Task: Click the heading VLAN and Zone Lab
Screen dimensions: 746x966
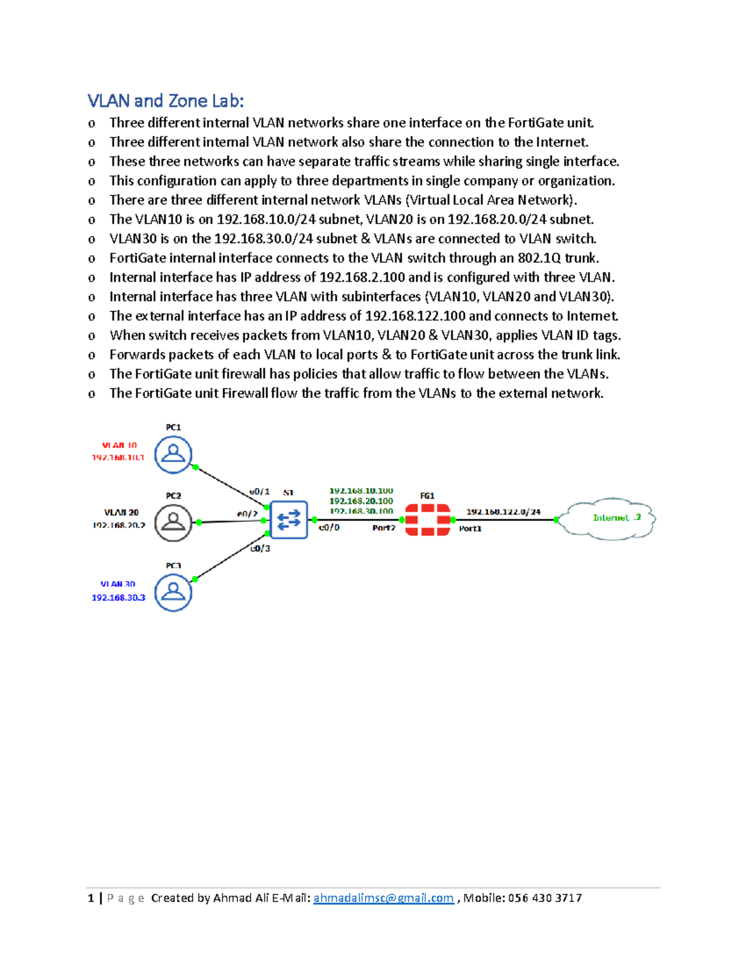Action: pyautogui.click(x=165, y=101)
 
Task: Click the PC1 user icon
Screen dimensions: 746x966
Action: pyautogui.click(x=173, y=454)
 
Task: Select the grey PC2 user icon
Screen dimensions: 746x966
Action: pyautogui.click(x=173, y=522)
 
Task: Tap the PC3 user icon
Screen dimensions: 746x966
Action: pyautogui.click(x=173, y=592)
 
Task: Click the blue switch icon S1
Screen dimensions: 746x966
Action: pyautogui.click(x=289, y=519)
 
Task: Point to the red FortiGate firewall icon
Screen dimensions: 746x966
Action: pyautogui.click(x=427, y=520)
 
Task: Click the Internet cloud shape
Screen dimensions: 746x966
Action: pyautogui.click(x=607, y=518)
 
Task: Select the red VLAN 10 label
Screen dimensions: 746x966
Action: pyautogui.click(x=119, y=445)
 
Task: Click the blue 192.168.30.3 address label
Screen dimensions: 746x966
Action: pyautogui.click(x=118, y=598)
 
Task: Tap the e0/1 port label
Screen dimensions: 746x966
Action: pyautogui.click(x=259, y=491)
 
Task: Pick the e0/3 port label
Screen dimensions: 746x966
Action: pyautogui.click(x=260, y=549)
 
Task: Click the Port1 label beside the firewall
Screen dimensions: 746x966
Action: pyautogui.click(x=470, y=529)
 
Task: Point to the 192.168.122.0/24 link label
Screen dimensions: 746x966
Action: pyautogui.click(x=503, y=512)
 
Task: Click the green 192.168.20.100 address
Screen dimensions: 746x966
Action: pyautogui.click(x=361, y=501)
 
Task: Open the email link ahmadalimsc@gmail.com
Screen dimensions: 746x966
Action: pyautogui.click(x=383, y=898)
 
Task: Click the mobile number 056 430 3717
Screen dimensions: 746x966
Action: pyautogui.click(x=545, y=898)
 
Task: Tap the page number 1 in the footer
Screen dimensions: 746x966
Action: pyautogui.click(x=91, y=898)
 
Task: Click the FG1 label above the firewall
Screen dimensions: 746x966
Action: pyautogui.click(x=427, y=496)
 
